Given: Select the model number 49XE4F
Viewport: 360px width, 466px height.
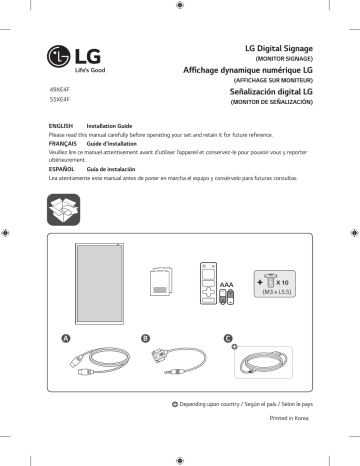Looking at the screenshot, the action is click(x=60, y=91).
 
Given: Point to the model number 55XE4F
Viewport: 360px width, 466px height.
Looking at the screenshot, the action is click(x=60, y=102).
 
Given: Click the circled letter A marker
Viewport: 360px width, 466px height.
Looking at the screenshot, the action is click(x=67, y=339).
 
